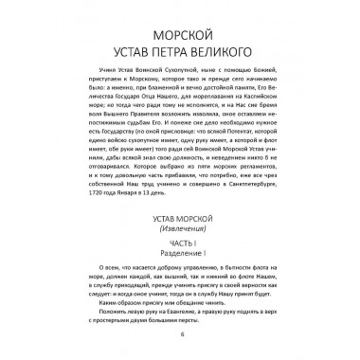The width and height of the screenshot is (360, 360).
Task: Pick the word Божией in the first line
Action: point(249,70)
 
